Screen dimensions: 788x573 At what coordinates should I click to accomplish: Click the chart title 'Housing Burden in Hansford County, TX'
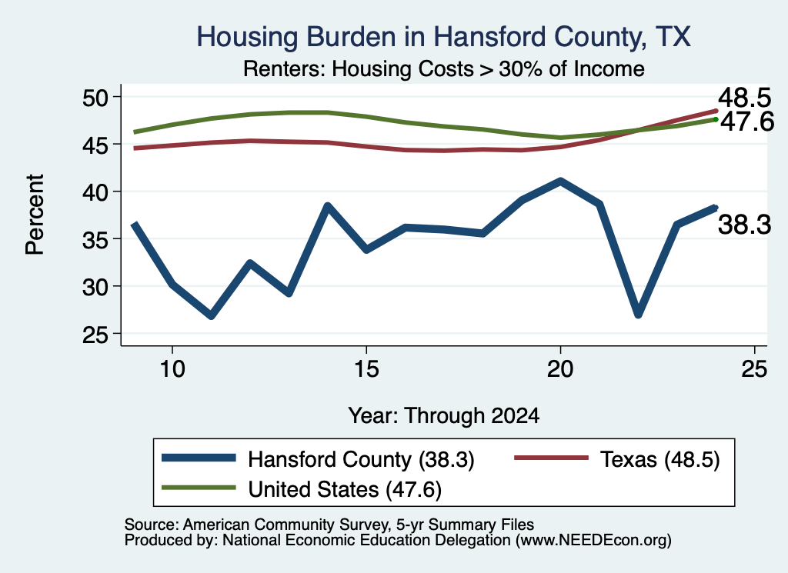coord(443,37)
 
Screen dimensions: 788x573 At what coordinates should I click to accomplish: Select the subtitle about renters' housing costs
coord(444,68)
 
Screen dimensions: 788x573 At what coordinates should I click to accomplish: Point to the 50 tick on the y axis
coord(95,97)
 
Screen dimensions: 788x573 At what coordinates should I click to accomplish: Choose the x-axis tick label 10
coord(172,369)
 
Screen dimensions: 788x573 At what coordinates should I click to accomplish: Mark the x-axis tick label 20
coord(560,369)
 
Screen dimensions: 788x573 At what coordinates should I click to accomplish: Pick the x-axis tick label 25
coord(754,369)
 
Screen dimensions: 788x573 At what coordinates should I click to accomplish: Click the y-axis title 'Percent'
coord(35,215)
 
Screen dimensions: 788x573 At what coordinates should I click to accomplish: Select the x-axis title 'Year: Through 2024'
coord(444,416)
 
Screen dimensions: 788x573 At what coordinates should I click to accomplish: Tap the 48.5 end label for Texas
coord(744,98)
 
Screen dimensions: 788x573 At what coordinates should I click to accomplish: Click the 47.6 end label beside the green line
coord(747,122)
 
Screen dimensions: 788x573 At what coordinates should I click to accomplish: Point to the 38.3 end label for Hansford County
coord(744,225)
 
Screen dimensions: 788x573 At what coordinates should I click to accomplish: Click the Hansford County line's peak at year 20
coord(560,181)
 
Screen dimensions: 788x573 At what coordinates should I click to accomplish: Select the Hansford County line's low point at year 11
coord(211,315)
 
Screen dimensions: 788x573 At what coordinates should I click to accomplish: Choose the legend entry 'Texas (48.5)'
coord(659,459)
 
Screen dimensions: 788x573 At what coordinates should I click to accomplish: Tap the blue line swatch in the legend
coord(199,458)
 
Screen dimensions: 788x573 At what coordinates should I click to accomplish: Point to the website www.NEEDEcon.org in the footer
coord(593,541)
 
